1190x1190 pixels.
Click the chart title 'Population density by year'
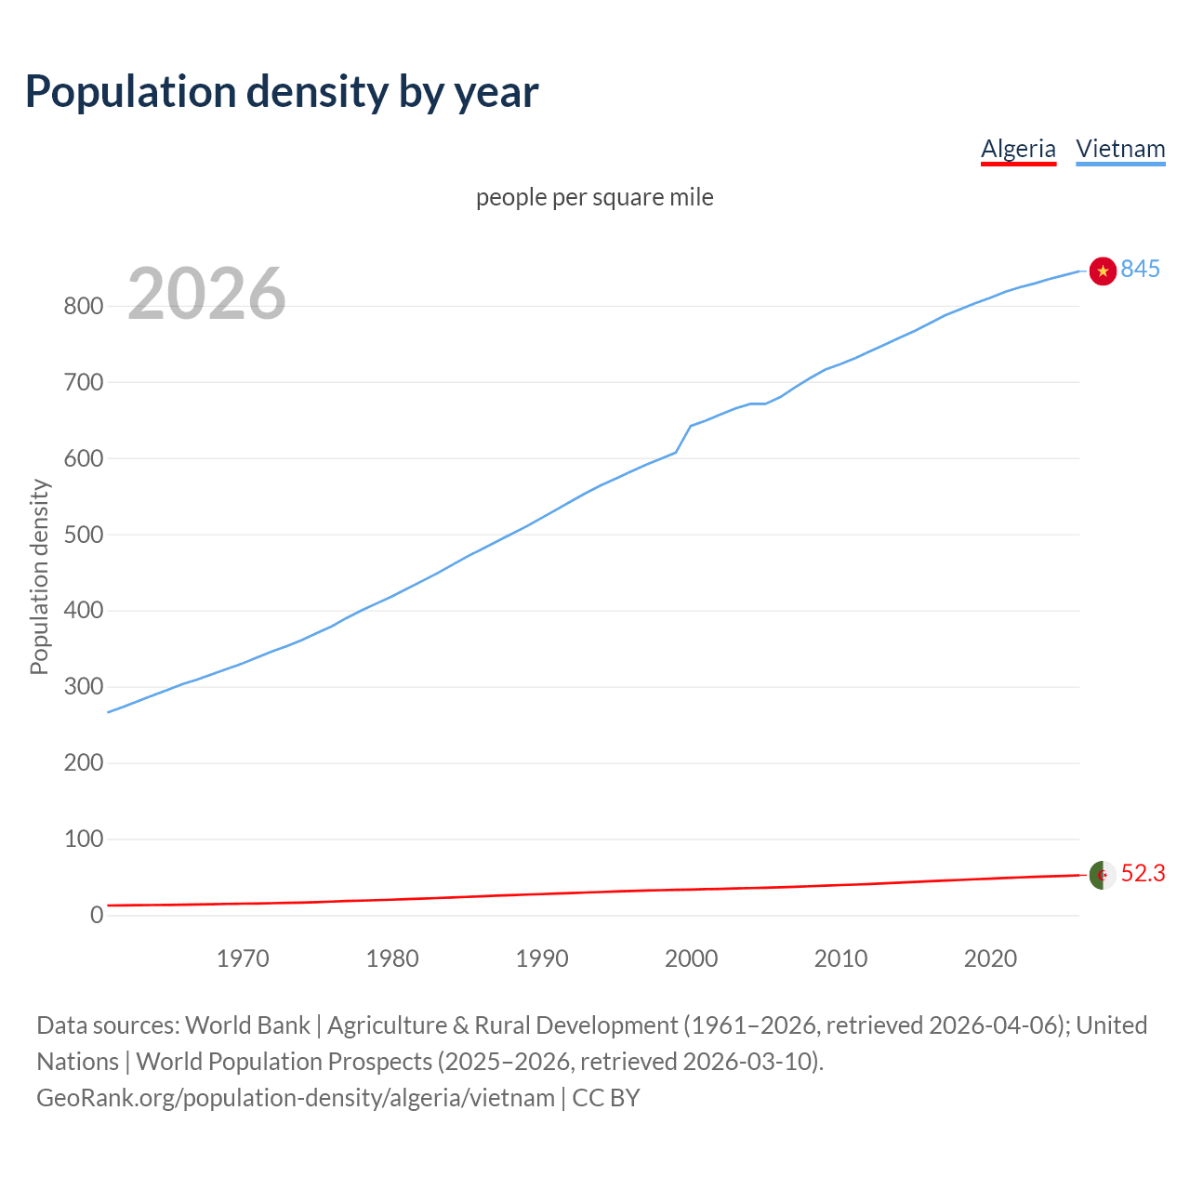(x=282, y=92)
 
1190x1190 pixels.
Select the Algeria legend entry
(x=1018, y=149)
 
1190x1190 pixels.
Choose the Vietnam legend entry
(x=1120, y=149)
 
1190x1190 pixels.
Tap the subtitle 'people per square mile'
(x=594, y=197)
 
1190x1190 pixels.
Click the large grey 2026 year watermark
(x=206, y=294)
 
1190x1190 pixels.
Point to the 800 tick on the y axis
(x=83, y=306)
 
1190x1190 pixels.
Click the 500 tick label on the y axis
(x=83, y=535)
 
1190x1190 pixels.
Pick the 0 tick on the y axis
(x=97, y=915)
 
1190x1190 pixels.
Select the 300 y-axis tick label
(x=83, y=687)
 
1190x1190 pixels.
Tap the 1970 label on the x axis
(x=243, y=959)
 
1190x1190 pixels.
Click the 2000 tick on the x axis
(x=691, y=959)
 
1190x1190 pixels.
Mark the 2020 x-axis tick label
(x=990, y=959)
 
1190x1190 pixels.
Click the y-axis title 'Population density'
(x=39, y=576)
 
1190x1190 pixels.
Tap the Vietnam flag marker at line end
(x=1103, y=271)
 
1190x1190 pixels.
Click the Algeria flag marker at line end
(x=1103, y=875)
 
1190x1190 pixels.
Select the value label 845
(x=1140, y=269)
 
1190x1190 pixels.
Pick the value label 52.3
(x=1143, y=874)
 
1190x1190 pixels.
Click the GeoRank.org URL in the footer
(x=296, y=1098)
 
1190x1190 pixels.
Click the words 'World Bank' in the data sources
(x=247, y=1025)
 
